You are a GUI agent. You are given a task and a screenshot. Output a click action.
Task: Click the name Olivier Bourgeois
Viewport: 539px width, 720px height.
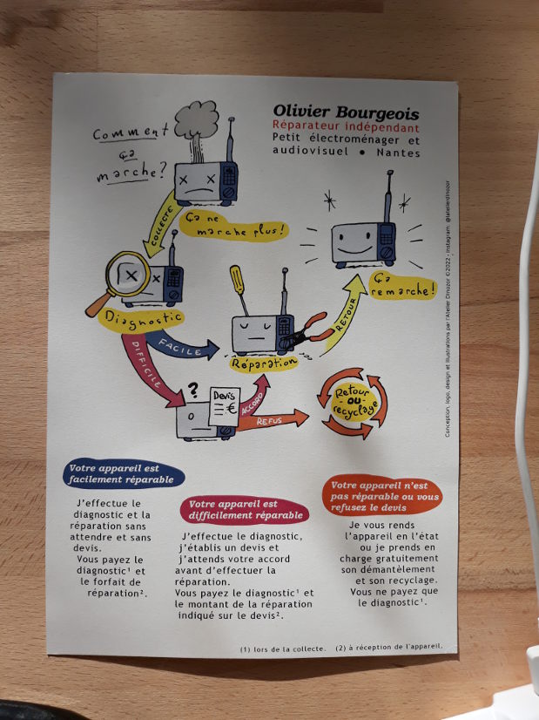[x=346, y=113]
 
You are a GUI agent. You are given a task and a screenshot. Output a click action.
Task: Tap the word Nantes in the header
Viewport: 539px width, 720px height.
[x=398, y=153]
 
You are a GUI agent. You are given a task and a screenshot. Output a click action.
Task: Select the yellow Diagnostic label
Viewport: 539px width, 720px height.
[x=143, y=319]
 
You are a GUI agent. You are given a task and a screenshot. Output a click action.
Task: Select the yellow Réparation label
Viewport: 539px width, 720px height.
[x=262, y=361]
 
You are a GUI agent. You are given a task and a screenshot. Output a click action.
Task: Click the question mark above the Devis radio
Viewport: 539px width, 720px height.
[x=193, y=391]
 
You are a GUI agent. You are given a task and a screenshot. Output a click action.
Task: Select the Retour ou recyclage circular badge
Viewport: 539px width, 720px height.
[x=355, y=403]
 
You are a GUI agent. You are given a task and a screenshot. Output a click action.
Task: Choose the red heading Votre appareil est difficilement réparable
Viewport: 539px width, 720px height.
[x=244, y=508]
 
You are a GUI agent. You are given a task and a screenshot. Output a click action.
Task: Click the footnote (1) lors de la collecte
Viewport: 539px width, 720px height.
[x=284, y=649]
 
